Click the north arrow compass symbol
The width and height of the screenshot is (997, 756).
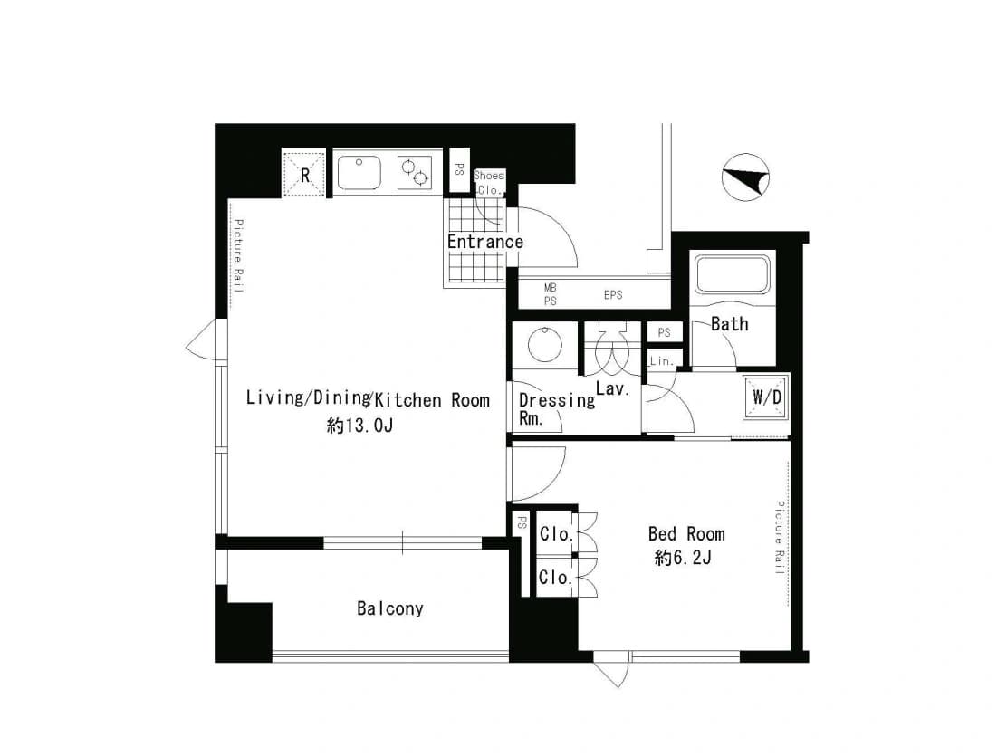[x=746, y=177]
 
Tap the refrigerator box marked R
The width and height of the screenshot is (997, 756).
[x=304, y=173]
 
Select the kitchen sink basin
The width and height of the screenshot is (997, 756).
[x=359, y=172]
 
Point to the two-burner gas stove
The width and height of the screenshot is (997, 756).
[x=414, y=172]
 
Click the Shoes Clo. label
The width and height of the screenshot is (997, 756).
[x=489, y=183]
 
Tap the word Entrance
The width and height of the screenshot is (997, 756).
[x=485, y=242]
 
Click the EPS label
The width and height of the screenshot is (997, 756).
[x=613, y=295]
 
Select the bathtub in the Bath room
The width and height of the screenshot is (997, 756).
[x=732, y=273]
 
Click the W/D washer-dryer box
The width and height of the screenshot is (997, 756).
[x=767, y=397]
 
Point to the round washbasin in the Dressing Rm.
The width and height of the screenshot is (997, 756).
[x=545, y=344]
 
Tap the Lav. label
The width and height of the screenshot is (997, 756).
[x=612, y=388]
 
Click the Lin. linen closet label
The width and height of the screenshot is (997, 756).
[x=662, y=361]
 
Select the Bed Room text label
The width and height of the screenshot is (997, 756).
[x=686, y=533]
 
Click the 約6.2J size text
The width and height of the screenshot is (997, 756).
[x=683, y=559]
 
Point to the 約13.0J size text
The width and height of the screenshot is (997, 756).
[x=359, y=426]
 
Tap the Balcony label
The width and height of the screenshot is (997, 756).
[x=389, y=608]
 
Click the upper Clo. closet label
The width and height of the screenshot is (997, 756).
[x=557, y=534]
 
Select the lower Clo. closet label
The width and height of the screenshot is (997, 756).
[x=556, y=578]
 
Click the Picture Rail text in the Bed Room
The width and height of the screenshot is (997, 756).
[x=780, y=538]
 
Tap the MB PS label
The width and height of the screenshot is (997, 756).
[x=550, y=294]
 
